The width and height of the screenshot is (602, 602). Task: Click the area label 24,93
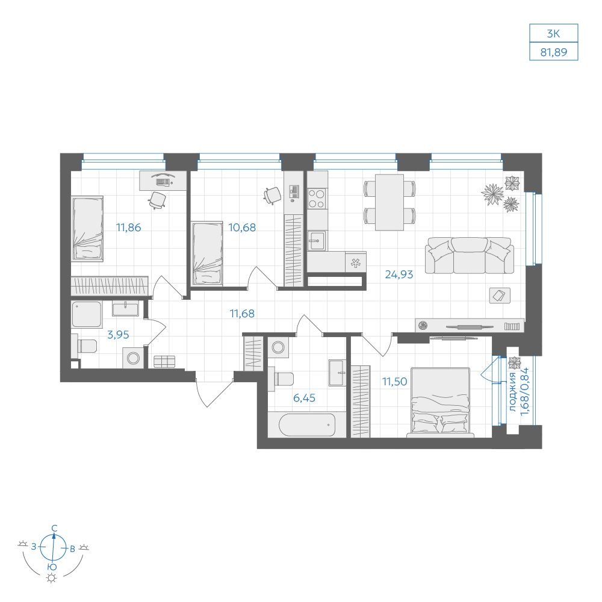click(x=399, y=275)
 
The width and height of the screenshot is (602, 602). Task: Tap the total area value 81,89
click(x=554, y=52)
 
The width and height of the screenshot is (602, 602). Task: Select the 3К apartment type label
click(x=553, y=34)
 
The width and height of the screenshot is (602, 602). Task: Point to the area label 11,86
click(x=129, y=228)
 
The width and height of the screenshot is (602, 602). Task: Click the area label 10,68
click(x=242, y=228)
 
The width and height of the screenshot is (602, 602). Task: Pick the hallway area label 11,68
click(x=242, y=313)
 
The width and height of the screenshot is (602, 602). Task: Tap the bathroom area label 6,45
click(x=305, y=398)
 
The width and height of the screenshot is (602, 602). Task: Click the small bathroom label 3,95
click(x=118, y=335)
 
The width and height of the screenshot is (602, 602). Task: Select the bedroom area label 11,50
click(x=395, y=382)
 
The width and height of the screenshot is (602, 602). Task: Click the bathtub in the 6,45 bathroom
click(x=307, y=424)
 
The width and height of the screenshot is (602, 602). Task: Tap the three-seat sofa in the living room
click(x=469, y=255)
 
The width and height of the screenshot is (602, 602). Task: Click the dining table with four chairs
click(x=389, y=202)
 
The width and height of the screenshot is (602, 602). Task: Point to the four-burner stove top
click(x=317, y=198)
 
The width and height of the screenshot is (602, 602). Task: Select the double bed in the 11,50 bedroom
click(x=441, y=402)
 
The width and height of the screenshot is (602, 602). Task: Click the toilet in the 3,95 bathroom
click(x=84, y=346)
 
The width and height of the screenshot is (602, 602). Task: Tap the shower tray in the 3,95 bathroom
click(x=87, y=314)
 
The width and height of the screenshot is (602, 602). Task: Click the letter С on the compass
click(x=55, y=529)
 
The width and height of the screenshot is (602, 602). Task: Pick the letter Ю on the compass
click(x=52, y=566)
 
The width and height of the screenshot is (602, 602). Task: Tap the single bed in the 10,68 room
click(x=207, y=253)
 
